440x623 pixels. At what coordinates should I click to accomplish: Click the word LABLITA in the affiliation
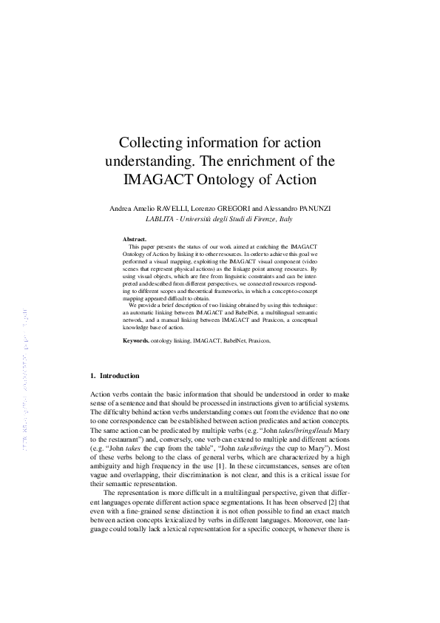pos(161,220)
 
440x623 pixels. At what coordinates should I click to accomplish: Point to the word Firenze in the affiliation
pos(261,220)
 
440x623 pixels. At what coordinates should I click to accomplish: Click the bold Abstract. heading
pos(135,240)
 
